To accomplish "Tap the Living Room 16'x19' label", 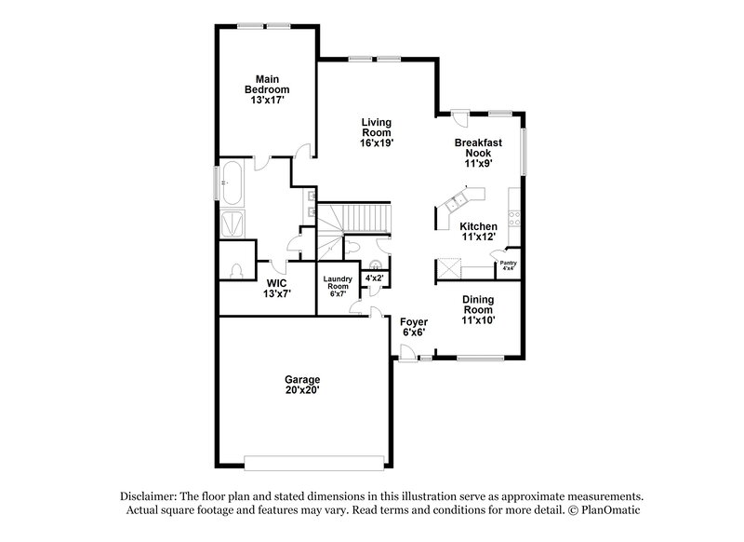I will [x=376, y=133].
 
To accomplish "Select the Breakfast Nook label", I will [x=478, y=152].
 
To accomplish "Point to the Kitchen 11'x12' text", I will [x=478, y=231].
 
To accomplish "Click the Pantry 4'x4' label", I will [x=508, y=265].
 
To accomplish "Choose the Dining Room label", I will [x=478, y=308].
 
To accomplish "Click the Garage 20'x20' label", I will [x=302, y=386].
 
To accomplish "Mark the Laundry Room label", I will [x=338, y=286].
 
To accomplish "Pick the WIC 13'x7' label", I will [x=277, y=288].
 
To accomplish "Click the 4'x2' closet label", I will [x=376, y=278].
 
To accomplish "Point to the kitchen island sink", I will [x=458, y=201].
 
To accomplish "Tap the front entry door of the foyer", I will [x=406, y=351].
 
